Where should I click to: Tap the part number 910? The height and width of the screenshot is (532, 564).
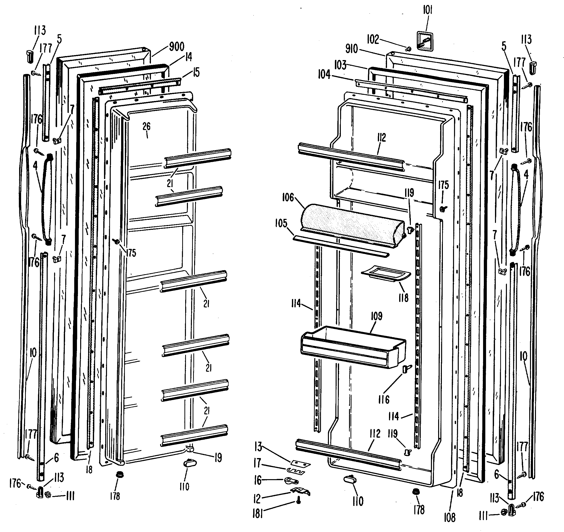352,49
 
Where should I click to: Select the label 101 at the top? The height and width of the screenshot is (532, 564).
427,11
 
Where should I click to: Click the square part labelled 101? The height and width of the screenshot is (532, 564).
425,42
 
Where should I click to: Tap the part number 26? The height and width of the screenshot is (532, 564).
146,127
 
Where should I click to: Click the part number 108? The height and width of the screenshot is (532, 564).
449,518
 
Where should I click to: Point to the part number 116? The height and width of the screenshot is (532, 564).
384,400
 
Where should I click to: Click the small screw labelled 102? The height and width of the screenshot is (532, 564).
408,49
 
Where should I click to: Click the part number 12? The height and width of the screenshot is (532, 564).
257,498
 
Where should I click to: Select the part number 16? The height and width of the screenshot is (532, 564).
258,480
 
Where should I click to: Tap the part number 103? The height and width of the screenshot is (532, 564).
340,65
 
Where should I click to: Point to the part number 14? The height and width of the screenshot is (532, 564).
189,57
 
